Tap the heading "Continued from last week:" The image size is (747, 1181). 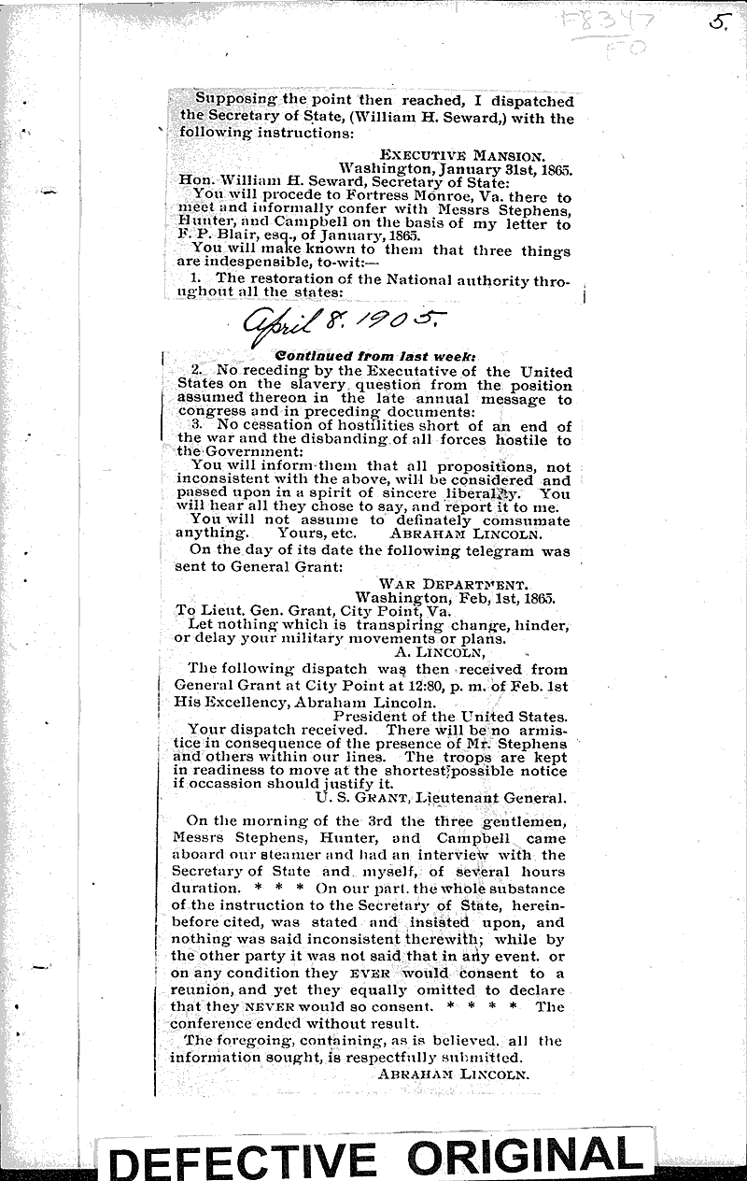coord(344,357)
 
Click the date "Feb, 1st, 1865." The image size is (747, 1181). coord(502,598)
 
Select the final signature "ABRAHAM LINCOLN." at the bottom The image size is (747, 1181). coord(454,1075)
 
